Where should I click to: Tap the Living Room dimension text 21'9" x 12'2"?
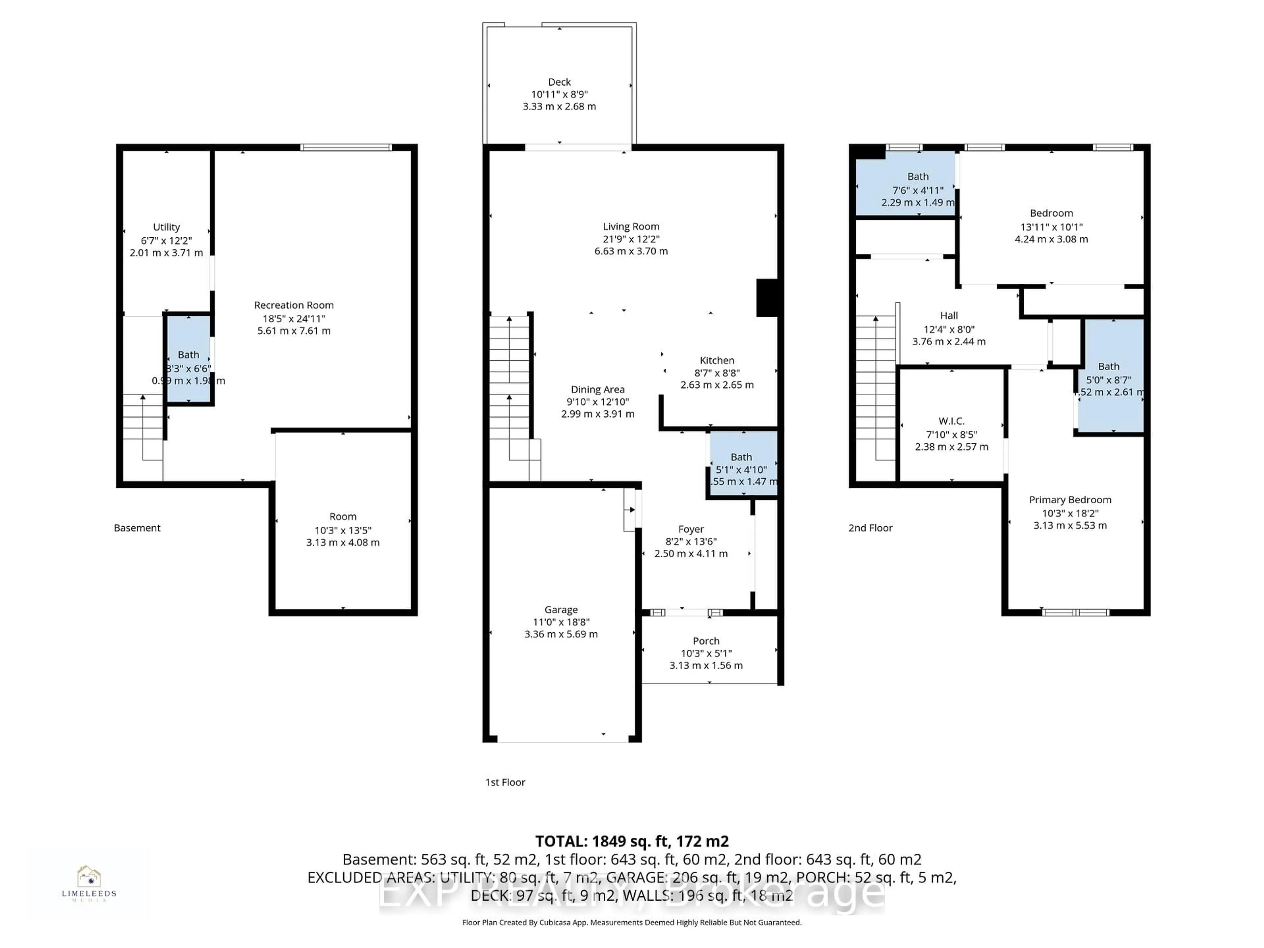point(631,239)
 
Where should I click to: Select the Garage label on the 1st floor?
point(561,610)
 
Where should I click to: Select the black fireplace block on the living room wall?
point(767,297)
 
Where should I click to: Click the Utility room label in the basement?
point(166,227)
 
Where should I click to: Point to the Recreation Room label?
point(294,305)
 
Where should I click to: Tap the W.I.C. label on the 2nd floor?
point(951,421)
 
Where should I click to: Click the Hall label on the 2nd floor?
point(949,315)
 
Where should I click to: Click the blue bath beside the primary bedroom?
point(1109,374)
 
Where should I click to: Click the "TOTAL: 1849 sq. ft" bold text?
point(631,841)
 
